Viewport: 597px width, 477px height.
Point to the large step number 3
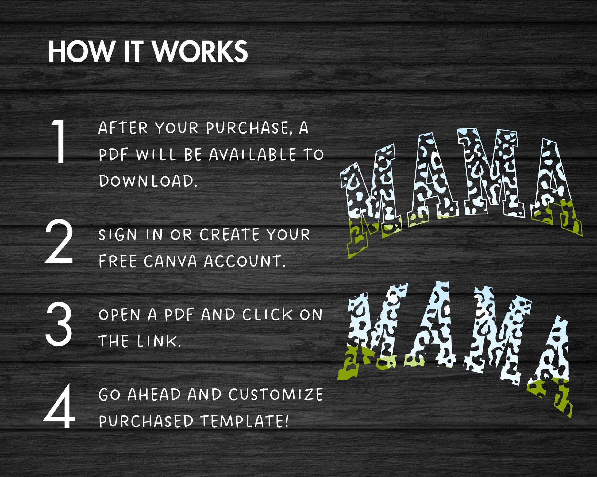tap(59, 324)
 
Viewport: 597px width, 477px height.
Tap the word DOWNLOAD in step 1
tap(148, 181)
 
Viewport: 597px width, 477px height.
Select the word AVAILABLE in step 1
tap(252, 154)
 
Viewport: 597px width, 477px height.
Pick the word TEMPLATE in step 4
tap(245, 421)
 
